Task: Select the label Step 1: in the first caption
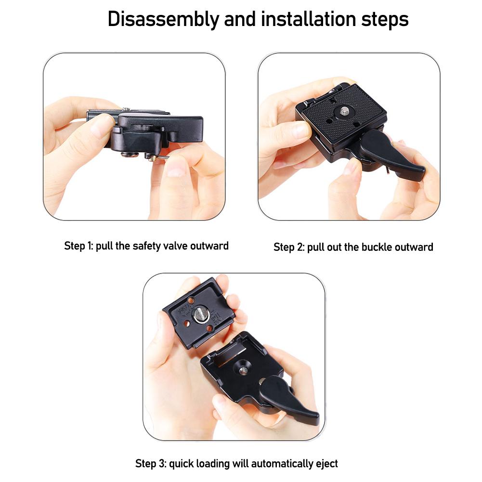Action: click(78, 246)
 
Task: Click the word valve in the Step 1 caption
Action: click(171, 246)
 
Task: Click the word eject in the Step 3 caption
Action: click(327, 464)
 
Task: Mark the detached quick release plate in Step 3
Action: click(197, 313)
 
